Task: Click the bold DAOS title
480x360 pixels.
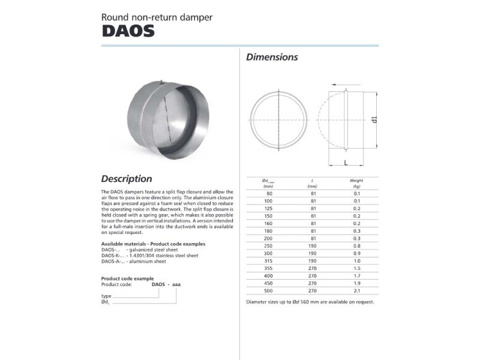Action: [128, 31]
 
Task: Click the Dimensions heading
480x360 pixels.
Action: [272, 58]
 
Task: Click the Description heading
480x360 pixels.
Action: [127, 178]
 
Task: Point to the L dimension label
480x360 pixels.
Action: [346, 162]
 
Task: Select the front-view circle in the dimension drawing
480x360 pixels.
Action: [278, 119]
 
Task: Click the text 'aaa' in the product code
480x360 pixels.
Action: [176, 284]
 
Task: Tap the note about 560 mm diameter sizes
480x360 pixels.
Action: [310, 302]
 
